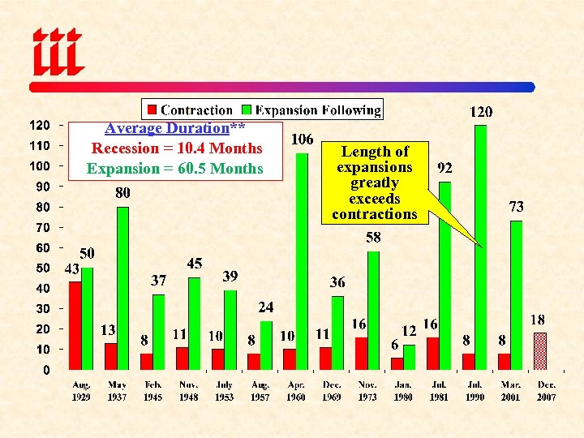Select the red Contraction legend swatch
pos(151,109)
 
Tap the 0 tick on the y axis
pos(45,370)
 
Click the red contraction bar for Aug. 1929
pos(75,325)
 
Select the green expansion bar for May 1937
pos(122,288)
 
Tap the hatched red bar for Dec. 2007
pos(540,350)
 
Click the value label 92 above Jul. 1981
pos(444,169)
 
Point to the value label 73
pos(516,207)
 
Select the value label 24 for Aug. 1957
pos(266,307)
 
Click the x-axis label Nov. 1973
pos(367,391)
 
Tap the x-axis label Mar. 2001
pos(511,391)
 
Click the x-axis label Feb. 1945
pos(152,391)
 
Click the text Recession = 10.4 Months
pos(177,148)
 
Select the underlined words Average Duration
pos(167,128)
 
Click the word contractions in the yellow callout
pos(374,214)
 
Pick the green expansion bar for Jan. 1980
pos(409,357)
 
